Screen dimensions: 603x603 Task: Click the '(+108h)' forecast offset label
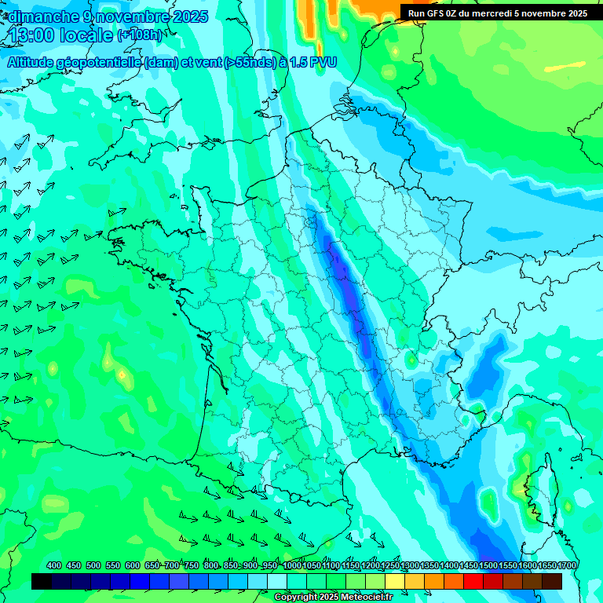[140, 35]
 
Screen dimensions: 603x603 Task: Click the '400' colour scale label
[54, 565]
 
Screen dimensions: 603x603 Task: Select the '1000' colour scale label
[292, 565]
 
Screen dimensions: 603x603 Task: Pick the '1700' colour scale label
[567, 565]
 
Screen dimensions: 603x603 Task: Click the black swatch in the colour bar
[42, 581]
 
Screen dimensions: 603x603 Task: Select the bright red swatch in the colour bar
[473, 581]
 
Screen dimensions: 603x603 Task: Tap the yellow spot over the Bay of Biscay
[122, 375]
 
